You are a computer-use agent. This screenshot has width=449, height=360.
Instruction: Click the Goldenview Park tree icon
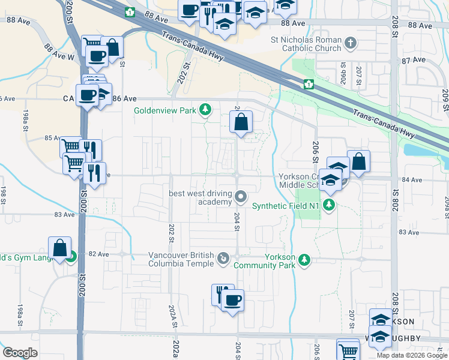tap(206, 109)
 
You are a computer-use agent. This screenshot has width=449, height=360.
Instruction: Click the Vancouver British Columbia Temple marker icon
tap(223, 259)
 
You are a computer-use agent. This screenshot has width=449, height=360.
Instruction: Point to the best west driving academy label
tap(200, 197)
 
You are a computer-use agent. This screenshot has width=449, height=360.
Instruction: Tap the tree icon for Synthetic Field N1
tap(328, 206)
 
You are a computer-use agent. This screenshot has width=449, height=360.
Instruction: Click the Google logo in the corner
tap(20, 353)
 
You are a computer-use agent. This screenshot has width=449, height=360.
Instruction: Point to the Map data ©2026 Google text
tap(412, 355)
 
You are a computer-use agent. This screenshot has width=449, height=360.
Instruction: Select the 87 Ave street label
tap(414, 61)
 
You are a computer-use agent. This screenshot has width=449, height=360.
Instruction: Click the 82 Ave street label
tap(99, 254)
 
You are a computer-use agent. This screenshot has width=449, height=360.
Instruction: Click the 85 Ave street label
tap(53, 138)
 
